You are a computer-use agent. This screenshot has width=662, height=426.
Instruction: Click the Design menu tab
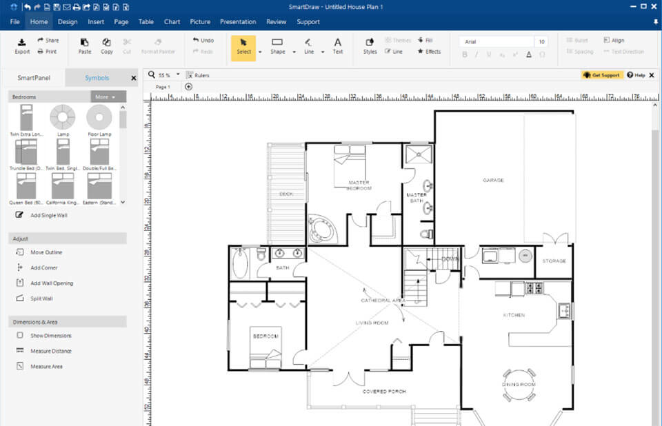coord(68,21)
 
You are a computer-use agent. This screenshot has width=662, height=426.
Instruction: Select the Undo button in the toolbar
coord(203,41)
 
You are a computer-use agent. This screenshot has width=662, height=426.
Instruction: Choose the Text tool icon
coord(337,45)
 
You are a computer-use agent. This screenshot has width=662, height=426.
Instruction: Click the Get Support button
coord(601,75)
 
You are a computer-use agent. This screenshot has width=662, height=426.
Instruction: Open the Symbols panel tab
coord(97,78)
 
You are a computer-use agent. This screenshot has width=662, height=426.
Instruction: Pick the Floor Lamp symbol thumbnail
coord(99,117)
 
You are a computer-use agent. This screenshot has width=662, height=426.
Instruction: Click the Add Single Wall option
coord(48,215)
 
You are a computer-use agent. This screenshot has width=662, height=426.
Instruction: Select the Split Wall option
coord(41,298)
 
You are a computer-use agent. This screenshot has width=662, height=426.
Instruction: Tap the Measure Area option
coord(46,366)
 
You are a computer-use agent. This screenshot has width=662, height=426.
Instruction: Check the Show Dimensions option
coord(50,336)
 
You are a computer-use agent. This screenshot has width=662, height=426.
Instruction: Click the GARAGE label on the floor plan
coord(492,180)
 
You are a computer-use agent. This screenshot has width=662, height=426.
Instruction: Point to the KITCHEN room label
coord(514,315)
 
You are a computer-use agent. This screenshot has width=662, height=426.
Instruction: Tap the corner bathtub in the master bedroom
coord(321,230)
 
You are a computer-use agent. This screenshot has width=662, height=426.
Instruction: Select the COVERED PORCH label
coord(384,392)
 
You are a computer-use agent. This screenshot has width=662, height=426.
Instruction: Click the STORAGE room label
coord(554,261)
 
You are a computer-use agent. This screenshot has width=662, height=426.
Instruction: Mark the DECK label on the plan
coord(286,194)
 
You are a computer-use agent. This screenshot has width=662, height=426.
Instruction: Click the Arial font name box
coord(496,41)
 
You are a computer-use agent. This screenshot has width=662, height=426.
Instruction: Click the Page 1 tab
coord(163,87)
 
